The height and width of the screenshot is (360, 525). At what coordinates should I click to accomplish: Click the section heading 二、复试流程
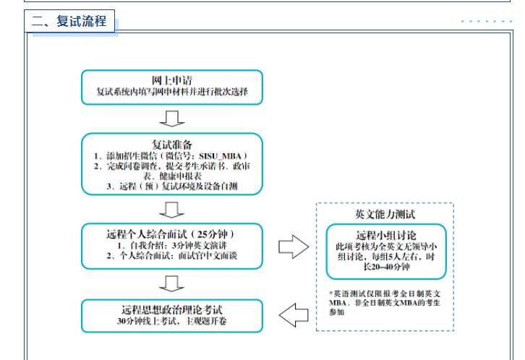pyautogui.click(x=69, y=22)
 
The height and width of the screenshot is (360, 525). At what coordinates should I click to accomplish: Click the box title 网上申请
pyautogui.click(x=171, y=80)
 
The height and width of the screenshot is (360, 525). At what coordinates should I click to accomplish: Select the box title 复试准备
pyautogui.click(x=171, y=143)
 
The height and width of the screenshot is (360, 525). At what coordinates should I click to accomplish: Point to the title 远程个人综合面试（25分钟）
pyautogui.click(x=171, y=233)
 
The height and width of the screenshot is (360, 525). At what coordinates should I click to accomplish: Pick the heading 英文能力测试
pyautogui.click(x=385, y=214)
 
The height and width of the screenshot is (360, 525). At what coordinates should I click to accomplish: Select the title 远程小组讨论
pyautogui.click(x=385, y=236)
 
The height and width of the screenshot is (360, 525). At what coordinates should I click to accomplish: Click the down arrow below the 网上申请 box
pyautogui.click(x=171, y=119)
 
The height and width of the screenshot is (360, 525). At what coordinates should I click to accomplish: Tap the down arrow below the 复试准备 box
pyautogui.click(x=171, y=210)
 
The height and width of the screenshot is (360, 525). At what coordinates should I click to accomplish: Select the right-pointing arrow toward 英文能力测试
pyautogui.click(x=293, y=247)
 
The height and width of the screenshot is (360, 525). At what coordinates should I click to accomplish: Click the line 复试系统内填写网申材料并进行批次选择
pyautogui.click(x=171, y=92)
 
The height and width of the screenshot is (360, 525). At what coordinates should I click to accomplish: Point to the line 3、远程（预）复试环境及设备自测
pyautogui.click(x=171, y=187)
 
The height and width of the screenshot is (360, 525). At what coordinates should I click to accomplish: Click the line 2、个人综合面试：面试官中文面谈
pyautogui.click(x=171, y=256)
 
